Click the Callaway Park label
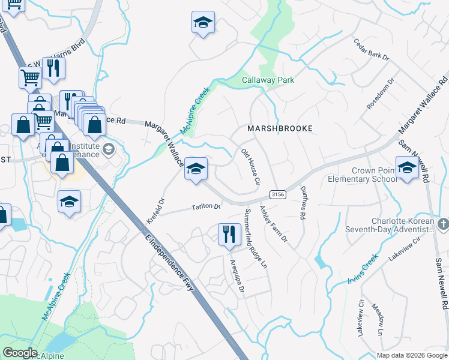[x=268, y=80]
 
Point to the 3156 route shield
[x=277, y=194]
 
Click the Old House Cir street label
[x=250, y=167]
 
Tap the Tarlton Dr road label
[x=206, y=207]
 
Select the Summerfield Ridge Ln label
[x=255, y=238]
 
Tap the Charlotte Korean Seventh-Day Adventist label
[x=390, y=224]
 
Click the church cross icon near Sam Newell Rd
[x=442, y=224]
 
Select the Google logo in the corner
[x=20, y=353]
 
